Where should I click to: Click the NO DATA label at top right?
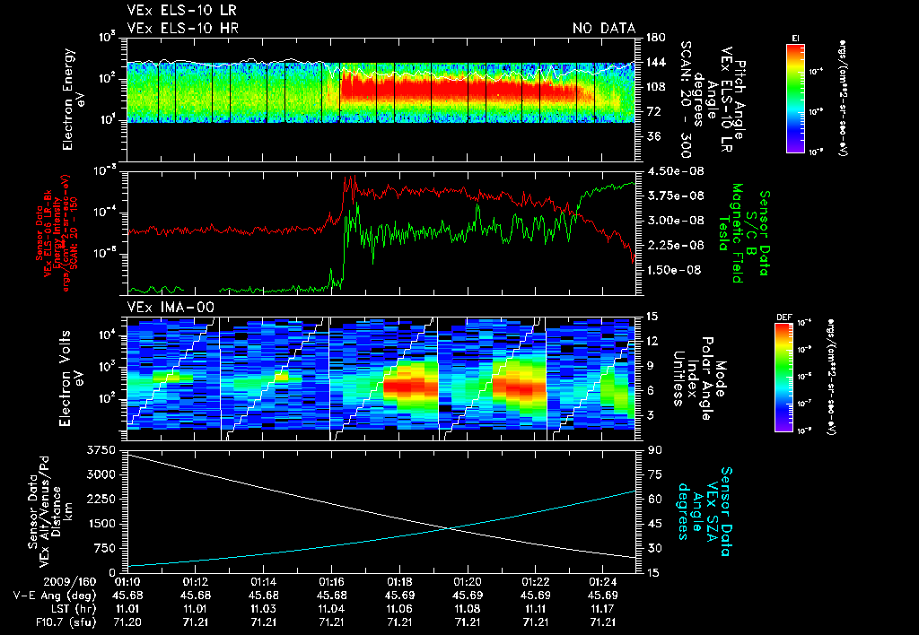(604, 28)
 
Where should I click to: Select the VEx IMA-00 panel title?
(164, 308)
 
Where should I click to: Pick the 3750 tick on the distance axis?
(105, 448)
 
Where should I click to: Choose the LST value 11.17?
(602, 608)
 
